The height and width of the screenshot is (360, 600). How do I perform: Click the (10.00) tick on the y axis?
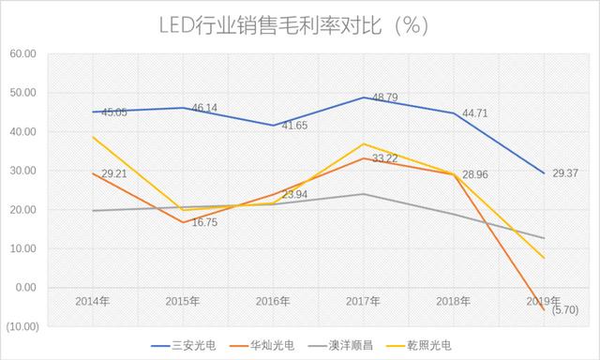(x=21, y=326)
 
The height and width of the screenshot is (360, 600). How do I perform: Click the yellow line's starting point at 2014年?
(x=94, y=138)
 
